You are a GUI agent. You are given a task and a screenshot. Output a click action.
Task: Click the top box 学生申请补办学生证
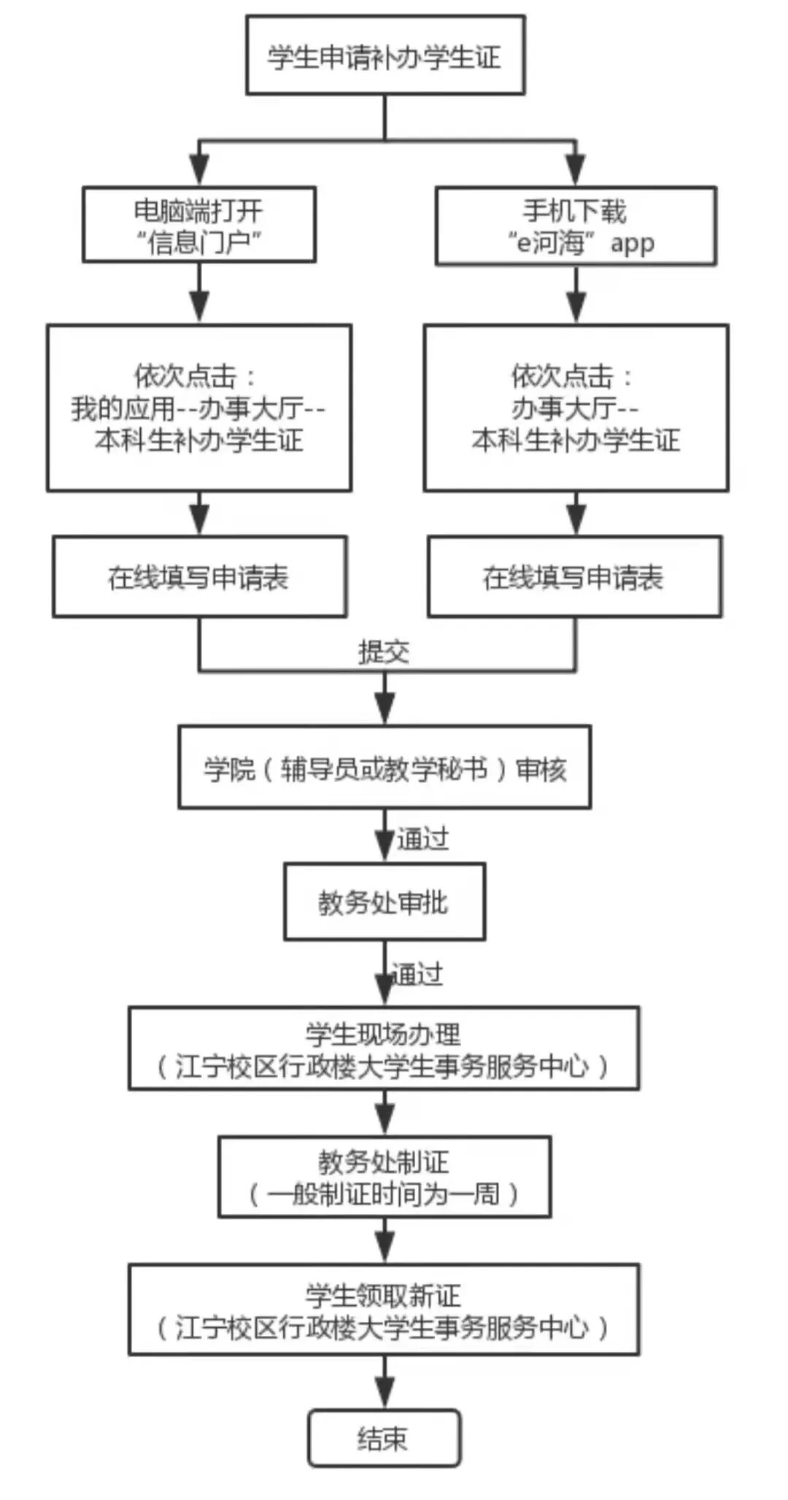click(385, 55)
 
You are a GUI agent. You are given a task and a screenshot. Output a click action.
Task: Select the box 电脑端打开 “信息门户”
click(198, 225)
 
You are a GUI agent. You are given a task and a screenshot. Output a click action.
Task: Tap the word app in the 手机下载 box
click(632, 243)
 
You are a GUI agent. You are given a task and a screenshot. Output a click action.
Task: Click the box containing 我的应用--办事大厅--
click(198, 408)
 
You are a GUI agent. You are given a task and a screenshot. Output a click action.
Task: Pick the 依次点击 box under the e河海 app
click(576, 408)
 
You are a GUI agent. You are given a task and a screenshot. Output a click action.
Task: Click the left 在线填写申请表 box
click(198, 577)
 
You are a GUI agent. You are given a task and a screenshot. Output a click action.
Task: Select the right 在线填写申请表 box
click(574, 577)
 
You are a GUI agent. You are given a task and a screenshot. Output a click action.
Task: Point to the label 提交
click(384, 652)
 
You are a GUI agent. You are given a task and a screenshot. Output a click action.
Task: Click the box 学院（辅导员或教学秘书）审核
click(385, 768)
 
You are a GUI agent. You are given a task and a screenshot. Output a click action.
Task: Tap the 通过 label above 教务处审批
click(422, 839)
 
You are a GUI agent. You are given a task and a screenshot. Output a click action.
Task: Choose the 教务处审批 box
click(384, 902)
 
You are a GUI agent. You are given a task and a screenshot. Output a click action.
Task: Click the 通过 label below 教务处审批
click(417, 974)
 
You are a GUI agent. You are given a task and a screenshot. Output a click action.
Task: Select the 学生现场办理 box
click(384, 1049)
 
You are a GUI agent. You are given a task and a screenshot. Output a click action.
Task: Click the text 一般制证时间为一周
click(384, 1194)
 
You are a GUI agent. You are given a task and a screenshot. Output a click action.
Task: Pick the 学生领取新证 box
click(384, 1310)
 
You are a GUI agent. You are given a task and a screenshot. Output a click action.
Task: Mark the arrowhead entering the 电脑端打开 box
click(199, 171)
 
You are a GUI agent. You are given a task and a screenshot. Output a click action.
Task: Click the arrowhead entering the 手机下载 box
click(576, 171)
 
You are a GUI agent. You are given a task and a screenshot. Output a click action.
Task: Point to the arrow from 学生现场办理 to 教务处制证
click(385, 1113)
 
